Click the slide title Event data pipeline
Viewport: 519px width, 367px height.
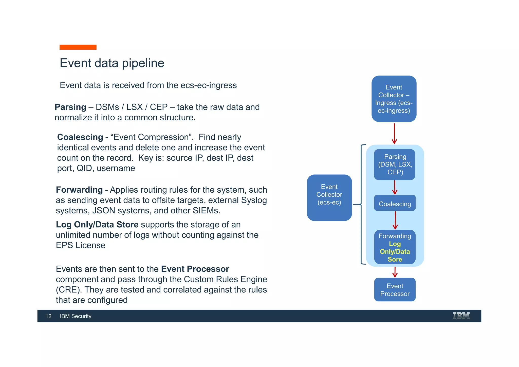click(112, 63)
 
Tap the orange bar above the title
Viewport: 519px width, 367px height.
click(78, 47)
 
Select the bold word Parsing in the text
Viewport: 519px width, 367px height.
click(70, 107)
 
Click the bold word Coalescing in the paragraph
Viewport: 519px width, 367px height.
click(80, 137)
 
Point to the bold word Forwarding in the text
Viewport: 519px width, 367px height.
click(79, 190)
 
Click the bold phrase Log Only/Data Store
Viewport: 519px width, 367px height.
click(97, 225)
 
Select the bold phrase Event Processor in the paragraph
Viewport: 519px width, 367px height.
click(195, 269)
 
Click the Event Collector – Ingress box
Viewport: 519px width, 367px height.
click(394, 99)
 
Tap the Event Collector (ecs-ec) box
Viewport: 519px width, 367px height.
click(329, 197)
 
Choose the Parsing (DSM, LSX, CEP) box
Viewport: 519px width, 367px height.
click(395, 164)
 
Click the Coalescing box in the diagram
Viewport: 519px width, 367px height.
click(395, 203)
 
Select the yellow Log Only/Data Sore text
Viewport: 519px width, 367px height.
click(395, 252)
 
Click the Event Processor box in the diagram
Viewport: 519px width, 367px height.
click(395, 290)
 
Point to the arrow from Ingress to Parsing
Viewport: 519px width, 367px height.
click(394, 134)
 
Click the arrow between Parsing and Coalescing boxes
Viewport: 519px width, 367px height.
click(395, 188)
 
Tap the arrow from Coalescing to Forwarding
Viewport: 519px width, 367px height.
click(395, 220)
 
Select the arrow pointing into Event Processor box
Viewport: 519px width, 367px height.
click(395, 272)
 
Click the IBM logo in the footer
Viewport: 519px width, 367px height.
click(461, 316)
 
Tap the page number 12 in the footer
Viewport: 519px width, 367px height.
click(48, 316)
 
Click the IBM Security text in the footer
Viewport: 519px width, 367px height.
click(76, 316)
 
